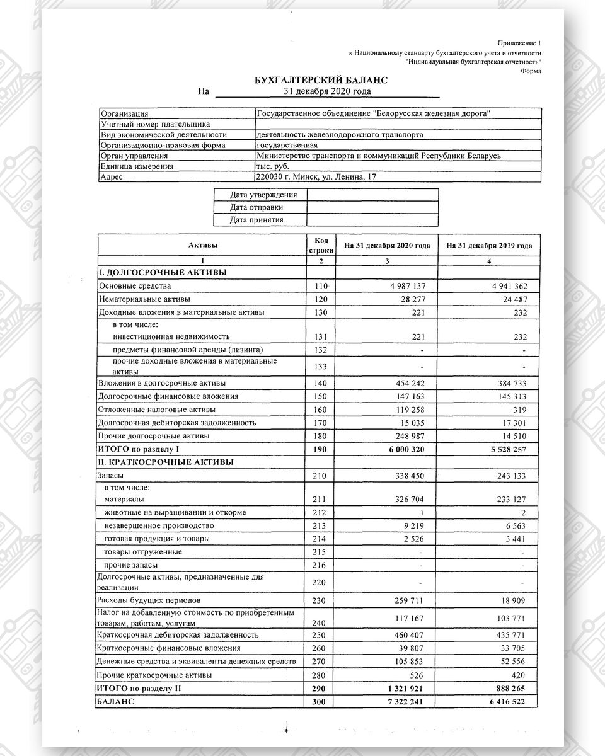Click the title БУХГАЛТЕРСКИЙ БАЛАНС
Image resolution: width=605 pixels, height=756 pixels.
tap(320, 81)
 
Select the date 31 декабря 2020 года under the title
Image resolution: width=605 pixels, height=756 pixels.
tap(328, 91)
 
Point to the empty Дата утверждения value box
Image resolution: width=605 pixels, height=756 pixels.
tap(372, 195)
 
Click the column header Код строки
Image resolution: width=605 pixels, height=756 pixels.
tap(321, 246)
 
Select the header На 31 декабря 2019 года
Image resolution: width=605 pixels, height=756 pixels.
tap(488, 246)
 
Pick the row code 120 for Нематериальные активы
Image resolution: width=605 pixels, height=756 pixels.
tap(321, 299)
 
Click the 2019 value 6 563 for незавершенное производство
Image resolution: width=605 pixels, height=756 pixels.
tap(514, 525)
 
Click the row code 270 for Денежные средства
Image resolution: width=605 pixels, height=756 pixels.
tap(321, 661)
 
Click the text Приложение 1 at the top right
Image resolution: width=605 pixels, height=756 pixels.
tap(519, 43)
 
